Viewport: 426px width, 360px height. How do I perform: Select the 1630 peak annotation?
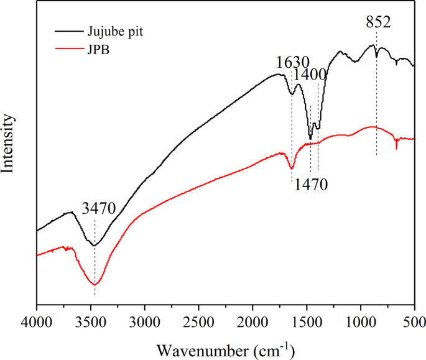click(x=292, y=62)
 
